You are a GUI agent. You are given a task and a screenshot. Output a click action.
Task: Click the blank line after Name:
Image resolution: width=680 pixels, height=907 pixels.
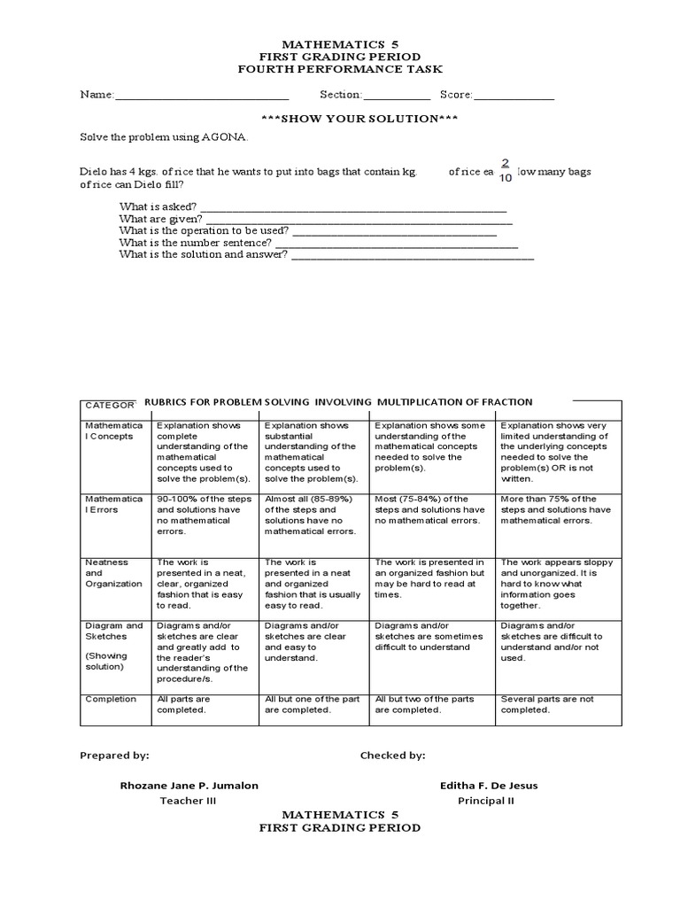pos(202,97)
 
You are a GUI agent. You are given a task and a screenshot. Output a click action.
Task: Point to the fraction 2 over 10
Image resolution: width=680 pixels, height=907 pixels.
pos(506,170)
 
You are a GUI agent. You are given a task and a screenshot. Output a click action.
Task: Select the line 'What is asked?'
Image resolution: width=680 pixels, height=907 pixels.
pos(159,206)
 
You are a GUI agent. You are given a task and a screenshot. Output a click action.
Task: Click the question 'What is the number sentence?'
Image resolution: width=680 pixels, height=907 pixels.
pos(196,242)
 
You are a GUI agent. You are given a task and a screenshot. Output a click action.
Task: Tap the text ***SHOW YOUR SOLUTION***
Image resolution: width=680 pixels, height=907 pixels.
pos(339,119)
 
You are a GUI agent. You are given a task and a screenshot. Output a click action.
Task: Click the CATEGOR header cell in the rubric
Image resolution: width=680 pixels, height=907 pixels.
pos(110,405)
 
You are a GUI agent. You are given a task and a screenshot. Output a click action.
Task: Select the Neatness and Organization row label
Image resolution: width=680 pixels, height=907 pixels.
pos(113,573)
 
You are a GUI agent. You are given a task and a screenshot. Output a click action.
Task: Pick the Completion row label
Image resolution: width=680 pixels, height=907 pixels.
pos(111,699)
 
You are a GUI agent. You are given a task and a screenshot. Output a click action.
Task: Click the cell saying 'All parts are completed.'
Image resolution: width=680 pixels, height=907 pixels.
pos(183,704)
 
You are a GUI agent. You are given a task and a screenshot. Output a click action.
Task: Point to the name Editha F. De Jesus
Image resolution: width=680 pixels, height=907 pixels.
pos(488,786)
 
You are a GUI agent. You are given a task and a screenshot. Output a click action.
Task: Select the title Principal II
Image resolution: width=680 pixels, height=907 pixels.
pos(486,801)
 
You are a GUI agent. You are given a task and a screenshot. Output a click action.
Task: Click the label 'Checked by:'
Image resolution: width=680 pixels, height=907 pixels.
pos(392,756)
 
